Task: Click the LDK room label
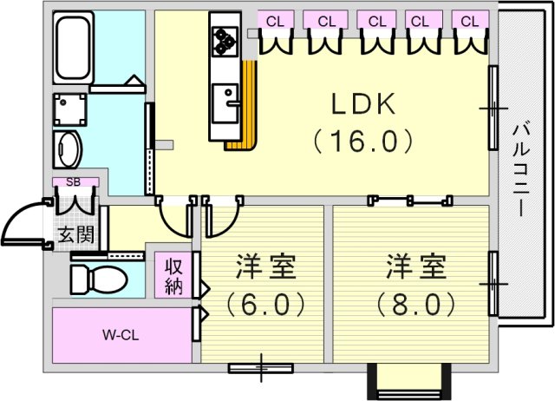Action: coord(363,104)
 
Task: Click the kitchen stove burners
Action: coord(224,39)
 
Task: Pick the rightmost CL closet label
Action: coord(470,20)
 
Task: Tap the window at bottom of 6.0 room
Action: coord(260,368)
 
